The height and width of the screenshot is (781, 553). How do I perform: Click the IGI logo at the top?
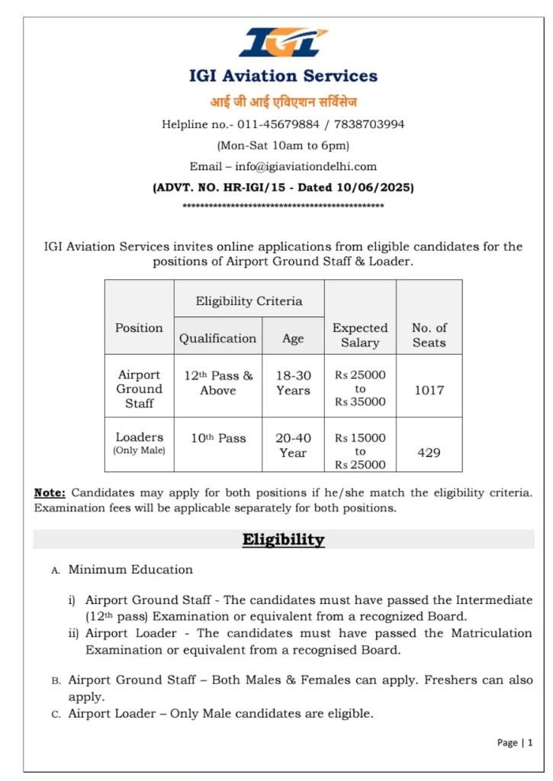pos(283,43)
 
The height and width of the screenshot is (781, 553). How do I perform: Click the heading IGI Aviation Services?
pos(283,76)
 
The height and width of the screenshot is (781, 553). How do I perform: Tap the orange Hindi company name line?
pos(283,101)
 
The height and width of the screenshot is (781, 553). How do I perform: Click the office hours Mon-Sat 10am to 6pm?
pos(283,145)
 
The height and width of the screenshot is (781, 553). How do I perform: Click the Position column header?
pos(139,328)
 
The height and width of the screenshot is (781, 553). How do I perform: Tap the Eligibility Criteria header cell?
pos(249,301)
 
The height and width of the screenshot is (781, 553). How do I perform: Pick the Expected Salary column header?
pos(360,335)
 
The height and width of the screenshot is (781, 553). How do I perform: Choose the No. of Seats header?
pos(429,335)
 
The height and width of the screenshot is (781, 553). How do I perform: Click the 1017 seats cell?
pos(429,390)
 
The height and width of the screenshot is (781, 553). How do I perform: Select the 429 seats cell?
pos(429,452)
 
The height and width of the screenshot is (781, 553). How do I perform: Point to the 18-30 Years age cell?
pos(293,383)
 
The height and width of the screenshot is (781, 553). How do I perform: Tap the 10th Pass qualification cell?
pos(218,439)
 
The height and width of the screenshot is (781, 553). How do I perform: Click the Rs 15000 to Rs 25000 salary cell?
pos(360,451)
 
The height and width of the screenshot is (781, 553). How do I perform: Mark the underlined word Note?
pos(50,493)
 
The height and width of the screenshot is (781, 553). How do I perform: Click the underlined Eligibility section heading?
pos(283,540)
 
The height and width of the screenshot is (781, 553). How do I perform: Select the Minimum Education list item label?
pos(130,569)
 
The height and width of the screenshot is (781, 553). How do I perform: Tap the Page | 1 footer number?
pos(515,742)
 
